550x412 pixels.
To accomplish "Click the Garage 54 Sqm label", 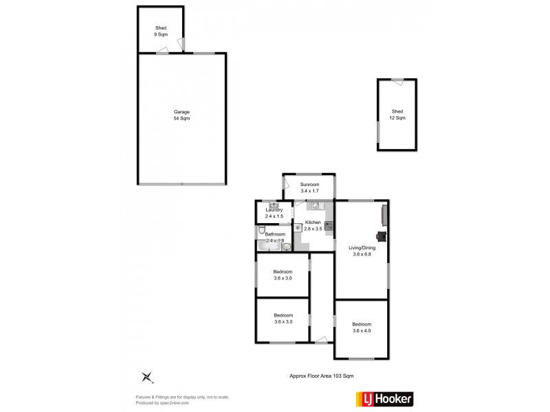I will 181,115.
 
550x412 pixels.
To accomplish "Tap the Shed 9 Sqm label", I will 161,30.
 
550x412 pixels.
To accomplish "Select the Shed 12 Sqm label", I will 398,115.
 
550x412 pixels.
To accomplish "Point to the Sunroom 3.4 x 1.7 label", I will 309,187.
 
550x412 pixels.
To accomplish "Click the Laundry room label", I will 274,213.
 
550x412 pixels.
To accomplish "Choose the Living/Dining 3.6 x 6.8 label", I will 361,251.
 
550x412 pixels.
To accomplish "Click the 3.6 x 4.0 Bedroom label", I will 362,328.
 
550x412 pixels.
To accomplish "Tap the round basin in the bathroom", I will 286,247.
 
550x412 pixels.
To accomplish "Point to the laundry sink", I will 273,205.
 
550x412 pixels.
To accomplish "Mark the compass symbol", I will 146,376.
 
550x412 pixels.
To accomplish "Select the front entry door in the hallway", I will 321,339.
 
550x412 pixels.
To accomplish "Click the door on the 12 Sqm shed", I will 397,81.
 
